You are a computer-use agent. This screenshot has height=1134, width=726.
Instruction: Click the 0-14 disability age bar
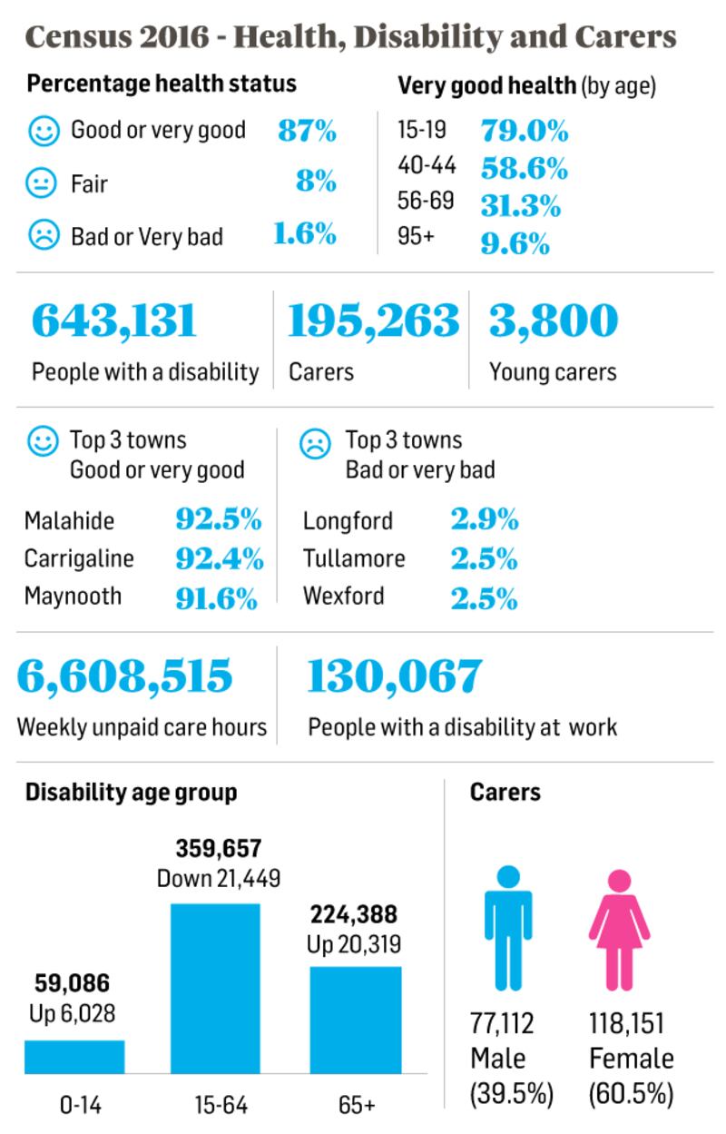click(74, 1057)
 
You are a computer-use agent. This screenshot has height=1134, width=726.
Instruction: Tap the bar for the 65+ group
click(355, 1020)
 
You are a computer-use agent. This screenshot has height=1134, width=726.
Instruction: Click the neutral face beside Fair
click(42, 184)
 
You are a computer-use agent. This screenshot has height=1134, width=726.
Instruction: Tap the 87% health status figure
click(307, 131)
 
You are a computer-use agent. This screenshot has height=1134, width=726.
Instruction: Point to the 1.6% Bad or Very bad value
click(305, 235)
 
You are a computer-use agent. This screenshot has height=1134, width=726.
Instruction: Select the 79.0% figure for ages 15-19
click(524, 131)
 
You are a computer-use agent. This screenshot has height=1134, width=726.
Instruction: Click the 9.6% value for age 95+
click(515, 243)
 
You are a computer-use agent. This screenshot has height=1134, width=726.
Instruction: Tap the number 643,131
click(114, 320)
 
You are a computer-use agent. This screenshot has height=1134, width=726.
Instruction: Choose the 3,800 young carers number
click(554, 320)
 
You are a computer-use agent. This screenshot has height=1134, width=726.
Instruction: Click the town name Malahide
click(69, 521)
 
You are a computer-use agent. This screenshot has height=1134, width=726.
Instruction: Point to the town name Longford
click(348, 521)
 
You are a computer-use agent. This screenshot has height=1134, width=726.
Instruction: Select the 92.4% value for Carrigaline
click(219, 558)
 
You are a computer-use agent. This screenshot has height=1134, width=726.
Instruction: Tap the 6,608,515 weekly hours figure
click(125, 676)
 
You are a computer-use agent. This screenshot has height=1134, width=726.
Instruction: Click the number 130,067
click(395, 676)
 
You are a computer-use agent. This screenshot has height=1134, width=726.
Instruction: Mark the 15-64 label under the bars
click(221, 1105)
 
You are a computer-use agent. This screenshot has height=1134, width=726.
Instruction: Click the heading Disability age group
click(131, 792)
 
